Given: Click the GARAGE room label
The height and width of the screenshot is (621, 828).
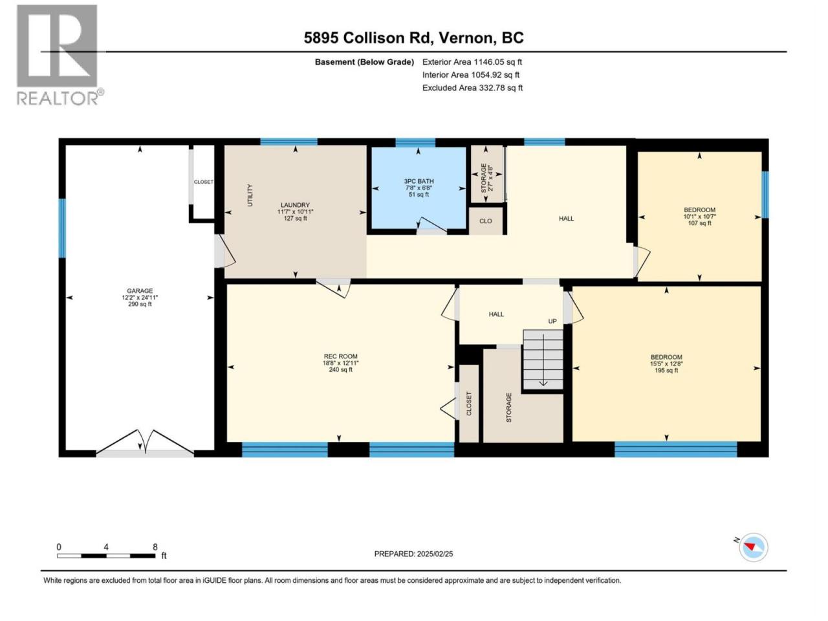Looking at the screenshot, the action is pyautogui.click(x=140, y=290).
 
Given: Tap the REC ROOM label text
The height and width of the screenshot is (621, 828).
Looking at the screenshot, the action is pyautogui.click(x=341, y=356).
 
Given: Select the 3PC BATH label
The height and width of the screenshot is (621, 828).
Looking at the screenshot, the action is pyautogui.click(x=419, y=181).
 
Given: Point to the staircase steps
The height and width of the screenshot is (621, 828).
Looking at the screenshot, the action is pyautogui.click(x=543, y=359).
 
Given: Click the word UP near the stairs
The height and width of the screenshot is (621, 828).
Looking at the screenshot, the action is pyautogui.click(x=552, y=321).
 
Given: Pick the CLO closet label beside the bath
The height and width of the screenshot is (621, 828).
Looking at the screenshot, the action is pyautogui.click(x=486, y=221).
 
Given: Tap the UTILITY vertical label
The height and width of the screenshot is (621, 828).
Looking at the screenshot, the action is pyautogui.click(x=250, y=195).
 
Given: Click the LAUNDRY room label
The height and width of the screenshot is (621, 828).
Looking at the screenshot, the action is pyautogui.click(x=295, y=205).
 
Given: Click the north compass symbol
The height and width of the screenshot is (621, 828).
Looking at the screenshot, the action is pyautogui.click(x=753, y=547).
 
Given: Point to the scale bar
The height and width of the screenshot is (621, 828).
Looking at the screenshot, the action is pyautogui.click(x=106, y=556).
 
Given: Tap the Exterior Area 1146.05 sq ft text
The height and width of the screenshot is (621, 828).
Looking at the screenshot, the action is pyautogui.click(x=472, y=62).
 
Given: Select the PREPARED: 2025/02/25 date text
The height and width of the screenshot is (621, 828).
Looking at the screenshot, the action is pyautogui.click(x=413, y=554).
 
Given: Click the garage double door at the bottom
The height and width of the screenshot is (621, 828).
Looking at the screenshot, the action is pyautogui.click(x=145, y=442).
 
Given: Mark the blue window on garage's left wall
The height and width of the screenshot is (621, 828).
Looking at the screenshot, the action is pyautogui.click(x=62, y=228).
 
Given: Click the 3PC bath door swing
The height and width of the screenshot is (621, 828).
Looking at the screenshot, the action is pyautogui.click(x=431, y=226).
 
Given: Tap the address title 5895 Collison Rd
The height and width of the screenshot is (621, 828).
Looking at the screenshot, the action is pyautogui.click(x=367, y=38).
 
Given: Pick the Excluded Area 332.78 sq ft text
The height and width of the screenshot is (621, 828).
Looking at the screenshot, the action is pyautogui.click(x=472, y=88).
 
